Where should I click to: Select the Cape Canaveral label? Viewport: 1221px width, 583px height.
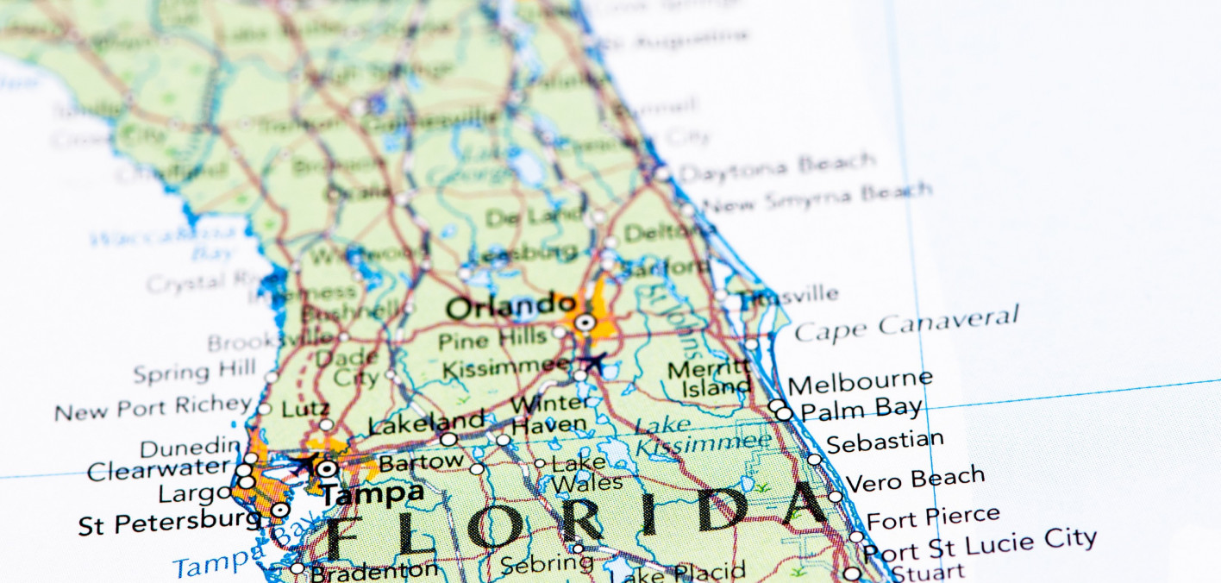pos(905,324)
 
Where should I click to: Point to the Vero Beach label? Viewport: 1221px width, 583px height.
pos(915,479)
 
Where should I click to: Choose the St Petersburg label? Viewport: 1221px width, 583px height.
pos(169,523)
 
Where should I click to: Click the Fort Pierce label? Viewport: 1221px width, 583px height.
pos(933,518)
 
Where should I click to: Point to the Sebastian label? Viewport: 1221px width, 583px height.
pos(885,442)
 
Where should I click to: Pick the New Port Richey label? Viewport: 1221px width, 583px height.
pos(153,408)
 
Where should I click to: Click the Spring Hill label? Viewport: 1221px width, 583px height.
pos(195,373)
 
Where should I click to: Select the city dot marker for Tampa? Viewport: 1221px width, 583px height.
pos(327,469)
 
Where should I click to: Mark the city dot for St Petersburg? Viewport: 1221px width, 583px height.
pos(279,511)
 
